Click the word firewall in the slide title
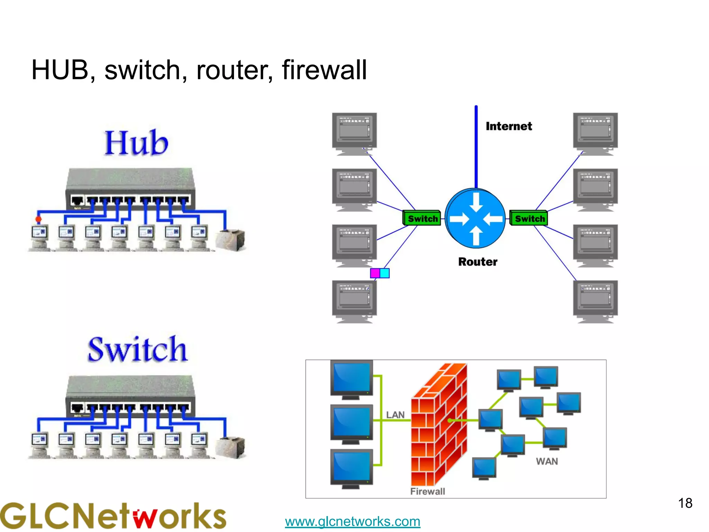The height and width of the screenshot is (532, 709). [x=324, y=70]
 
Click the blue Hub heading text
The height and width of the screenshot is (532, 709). [x=136, y=143]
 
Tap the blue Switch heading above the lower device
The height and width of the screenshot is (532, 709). [x=137, y=349]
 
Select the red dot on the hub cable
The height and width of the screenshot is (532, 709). [x=38, y=219]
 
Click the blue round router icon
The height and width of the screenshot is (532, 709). [x=475, y=219]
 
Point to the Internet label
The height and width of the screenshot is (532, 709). [x=509, y=126]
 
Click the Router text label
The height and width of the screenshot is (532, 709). [x=478, y=262]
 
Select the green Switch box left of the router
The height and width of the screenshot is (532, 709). [x=422, y=219]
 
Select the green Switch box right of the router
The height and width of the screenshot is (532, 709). [x=529, y=219]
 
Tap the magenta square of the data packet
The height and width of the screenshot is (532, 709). [x=375, y=273]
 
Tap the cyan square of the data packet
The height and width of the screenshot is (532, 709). [x=385, y=273]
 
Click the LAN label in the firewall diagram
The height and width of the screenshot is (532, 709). [x=395, y=415]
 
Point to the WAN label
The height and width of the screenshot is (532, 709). [x=547, y=461]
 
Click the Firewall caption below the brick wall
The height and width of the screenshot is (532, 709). [x=427, y=491]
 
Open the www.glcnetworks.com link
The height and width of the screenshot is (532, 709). [x=352, y=521]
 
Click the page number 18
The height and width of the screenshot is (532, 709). [x=685, y=503]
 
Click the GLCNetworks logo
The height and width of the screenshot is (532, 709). [x=113, y=516]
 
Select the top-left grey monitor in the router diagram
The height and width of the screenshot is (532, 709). [x=354, y=133]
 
